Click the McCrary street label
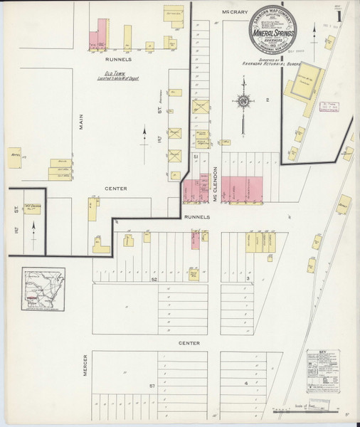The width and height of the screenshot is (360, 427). (x=235, y=11)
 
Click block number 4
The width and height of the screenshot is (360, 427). (x=246, y=384)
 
